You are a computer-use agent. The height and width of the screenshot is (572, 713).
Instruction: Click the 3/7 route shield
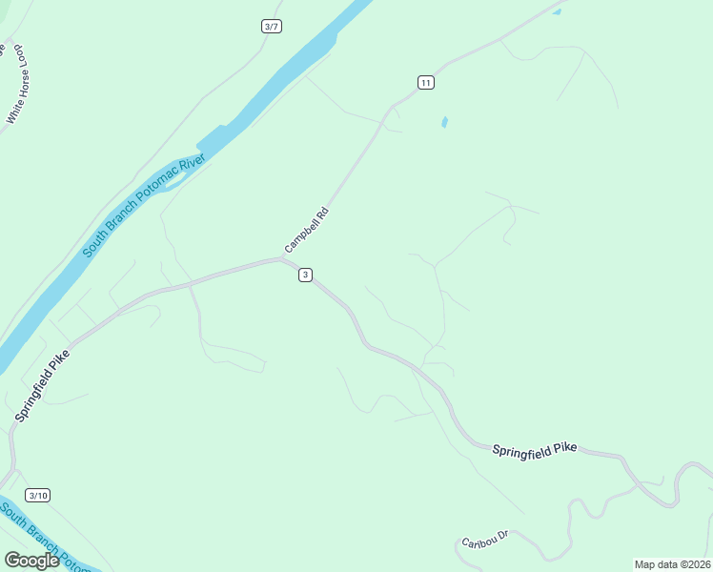(271, 26)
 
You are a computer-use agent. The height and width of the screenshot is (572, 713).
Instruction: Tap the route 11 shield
(425, 83)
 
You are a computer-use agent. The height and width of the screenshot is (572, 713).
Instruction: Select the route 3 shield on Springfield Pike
(305, 275)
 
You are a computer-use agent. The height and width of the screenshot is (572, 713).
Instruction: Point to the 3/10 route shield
(38, 495)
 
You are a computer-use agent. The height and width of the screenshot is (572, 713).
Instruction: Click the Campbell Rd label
(306, 230)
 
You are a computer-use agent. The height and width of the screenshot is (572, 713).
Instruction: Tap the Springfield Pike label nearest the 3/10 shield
(43, 384)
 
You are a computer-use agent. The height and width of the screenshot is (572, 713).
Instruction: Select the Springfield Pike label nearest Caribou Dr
(535, 448)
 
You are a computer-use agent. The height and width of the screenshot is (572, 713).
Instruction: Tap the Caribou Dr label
(486, 540)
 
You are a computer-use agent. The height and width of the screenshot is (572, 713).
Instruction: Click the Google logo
(31, 561)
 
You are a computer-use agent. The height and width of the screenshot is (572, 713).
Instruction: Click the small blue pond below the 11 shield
(444, 122)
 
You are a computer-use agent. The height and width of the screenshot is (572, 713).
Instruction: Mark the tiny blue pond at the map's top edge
(557, 11)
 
